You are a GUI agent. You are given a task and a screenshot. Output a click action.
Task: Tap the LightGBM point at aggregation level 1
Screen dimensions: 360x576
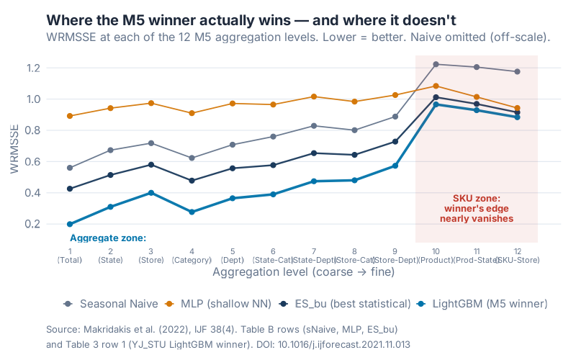click(70, 224)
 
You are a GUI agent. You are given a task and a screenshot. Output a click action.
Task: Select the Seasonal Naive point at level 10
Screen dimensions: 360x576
click(436, 64)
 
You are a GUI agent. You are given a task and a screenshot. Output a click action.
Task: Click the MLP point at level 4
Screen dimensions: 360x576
click(192, 113)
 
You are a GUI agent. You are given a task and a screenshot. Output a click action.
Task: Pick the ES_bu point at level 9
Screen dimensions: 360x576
click(395, 141)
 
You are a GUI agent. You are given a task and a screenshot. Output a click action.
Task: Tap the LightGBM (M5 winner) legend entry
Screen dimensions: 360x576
click(482, 303)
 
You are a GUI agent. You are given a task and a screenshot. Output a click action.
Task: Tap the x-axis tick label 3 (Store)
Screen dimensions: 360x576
click(151, 256)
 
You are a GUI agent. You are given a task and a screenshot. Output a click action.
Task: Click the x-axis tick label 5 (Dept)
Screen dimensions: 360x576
click(233, 256)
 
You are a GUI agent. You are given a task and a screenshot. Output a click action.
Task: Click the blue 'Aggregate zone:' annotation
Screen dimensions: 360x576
click(108, 238)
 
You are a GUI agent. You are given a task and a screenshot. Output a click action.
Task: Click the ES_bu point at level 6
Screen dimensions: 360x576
click(274, 165)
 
